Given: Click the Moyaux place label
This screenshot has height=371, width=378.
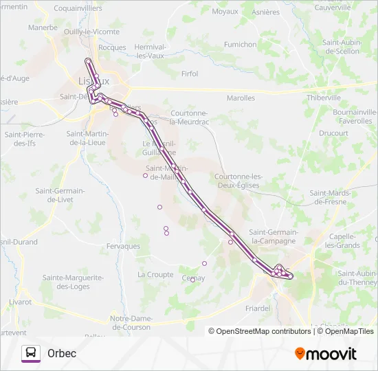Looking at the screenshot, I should (x=225, y=12).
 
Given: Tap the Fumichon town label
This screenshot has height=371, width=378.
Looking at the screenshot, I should (x=240, y=45).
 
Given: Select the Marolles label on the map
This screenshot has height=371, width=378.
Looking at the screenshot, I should (x=241, y=98).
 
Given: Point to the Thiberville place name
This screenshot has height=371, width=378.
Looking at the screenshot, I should (x=324, y=98).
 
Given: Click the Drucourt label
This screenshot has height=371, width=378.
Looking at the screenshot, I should (x=333, y=133).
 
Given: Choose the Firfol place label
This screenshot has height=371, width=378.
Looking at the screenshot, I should (x=189, y=74).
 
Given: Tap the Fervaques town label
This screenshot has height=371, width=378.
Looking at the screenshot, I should (x=124, y=246).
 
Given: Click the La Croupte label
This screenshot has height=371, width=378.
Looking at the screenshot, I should (x=155, y=274).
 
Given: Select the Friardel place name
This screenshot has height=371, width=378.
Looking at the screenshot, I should (x=257, y=308).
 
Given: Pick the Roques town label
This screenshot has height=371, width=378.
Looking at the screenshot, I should (x=112, y=47).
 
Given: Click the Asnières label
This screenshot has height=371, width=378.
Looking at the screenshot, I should (x=266, y=12).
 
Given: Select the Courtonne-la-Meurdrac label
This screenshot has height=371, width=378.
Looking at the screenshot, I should (x=189, y=117).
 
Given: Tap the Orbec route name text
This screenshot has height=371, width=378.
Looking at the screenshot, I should (x=62, y=353).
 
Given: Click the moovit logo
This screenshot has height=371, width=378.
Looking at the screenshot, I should (x=326, y=354).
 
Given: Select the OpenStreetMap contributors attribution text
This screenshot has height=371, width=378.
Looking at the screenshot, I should (x=263, y=331).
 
